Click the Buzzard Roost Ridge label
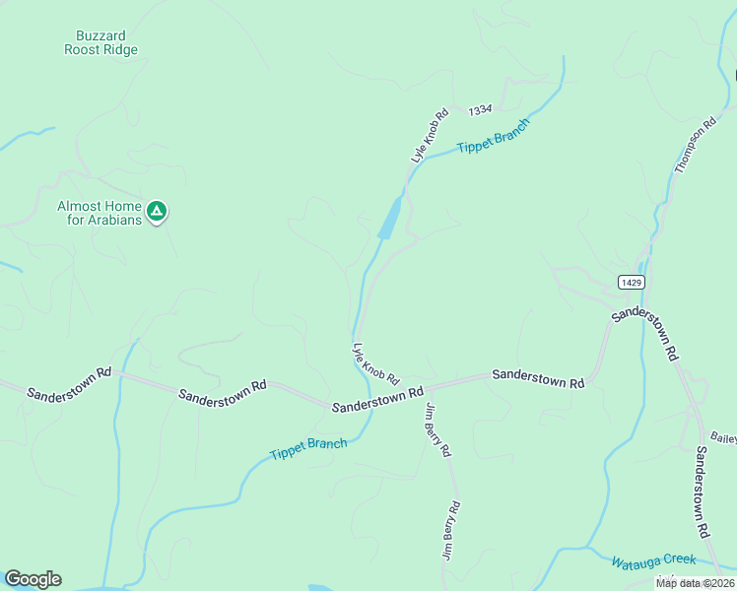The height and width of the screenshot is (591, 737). coord(100,42)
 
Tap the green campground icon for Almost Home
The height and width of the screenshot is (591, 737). coord(157,211)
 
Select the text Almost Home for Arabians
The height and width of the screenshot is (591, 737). coord(99,213)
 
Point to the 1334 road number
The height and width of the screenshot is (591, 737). coord(480,110)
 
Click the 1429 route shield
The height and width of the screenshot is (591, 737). coord(632,283)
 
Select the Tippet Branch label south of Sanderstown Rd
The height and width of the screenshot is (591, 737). coord(308,448)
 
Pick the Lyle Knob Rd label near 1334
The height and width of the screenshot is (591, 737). coord(430,135)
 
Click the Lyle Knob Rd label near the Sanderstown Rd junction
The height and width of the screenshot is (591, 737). coord(375,363)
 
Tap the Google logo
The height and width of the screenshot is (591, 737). coord(33,579)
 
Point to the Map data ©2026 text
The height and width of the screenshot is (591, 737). coord(695,583)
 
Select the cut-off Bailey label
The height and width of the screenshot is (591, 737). coord(724,437)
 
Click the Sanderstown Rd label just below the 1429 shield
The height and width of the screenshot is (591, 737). coord(644,333)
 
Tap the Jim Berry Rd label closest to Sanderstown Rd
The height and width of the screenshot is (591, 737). coord(437,429)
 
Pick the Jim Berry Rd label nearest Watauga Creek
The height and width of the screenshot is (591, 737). coord(451,530)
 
